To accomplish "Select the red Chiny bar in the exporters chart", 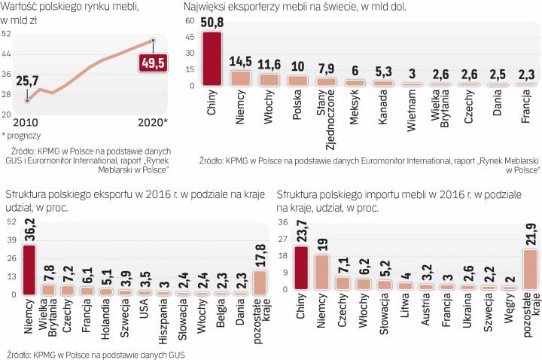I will click(213, 59).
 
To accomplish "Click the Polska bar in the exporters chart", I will click(297, 80).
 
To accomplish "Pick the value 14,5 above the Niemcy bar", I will click(241, 60).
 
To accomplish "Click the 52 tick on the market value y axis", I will click(7, 35).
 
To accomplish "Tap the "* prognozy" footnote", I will click(22, 136).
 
